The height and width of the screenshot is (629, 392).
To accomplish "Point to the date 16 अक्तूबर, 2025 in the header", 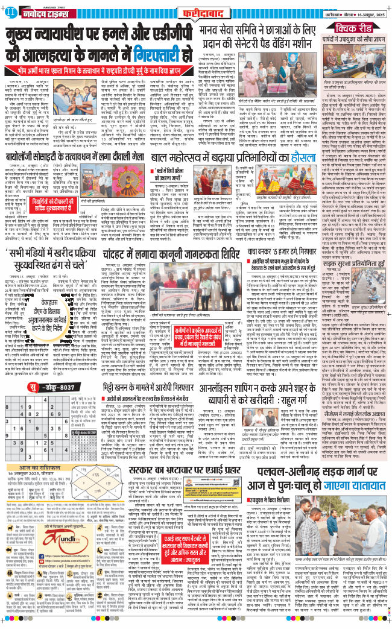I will (364, 10).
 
